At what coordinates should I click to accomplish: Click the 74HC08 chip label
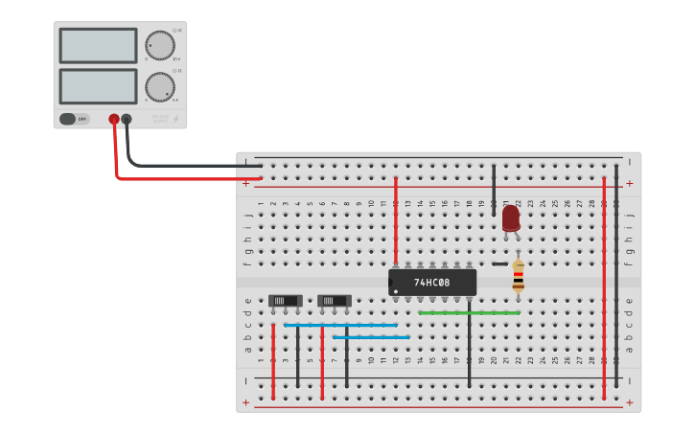pos(432,283)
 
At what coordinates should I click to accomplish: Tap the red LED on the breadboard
pos(510,218)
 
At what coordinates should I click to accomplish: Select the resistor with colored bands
pos(518,276)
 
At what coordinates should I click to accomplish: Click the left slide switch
pos(285,301)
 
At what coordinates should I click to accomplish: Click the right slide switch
pos(334,301)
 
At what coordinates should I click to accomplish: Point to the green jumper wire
pos(469,312)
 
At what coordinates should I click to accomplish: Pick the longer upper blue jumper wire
pos(340,325)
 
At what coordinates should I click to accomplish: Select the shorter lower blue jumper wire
pos(371,337)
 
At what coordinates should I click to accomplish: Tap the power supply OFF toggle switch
pos(68,119)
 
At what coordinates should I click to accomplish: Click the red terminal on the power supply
pos(114,119)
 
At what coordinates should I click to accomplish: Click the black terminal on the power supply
pos(127,119)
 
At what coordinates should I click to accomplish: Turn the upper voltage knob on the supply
pos(160,45)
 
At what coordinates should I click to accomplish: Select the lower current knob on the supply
pos(160,85)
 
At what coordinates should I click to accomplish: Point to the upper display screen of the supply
pos(98,45)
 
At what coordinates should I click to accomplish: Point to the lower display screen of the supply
pos(98,85)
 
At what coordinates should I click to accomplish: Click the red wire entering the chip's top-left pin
pos(395,220)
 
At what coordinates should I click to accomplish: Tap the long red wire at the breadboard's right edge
pos(604,287)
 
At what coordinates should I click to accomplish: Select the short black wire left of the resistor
pos(499,263)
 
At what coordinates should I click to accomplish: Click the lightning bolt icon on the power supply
pos(175,119)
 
